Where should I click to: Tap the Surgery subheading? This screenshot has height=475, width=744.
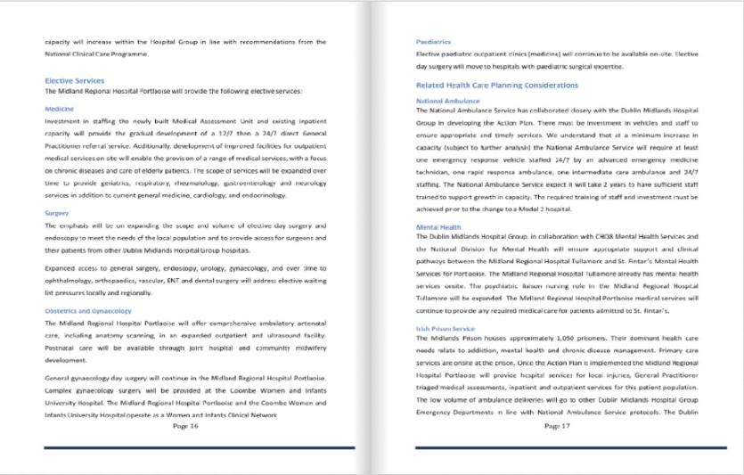[x=57, y=213]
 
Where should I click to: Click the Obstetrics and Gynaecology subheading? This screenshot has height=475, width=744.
[x=87, y=311]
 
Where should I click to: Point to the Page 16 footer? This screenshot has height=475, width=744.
[x=185, y=426]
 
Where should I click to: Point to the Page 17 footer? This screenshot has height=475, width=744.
[x=557, y=426]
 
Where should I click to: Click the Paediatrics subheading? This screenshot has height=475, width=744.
[x=433, y=42]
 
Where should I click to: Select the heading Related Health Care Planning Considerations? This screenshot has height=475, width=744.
[x=497, y=86]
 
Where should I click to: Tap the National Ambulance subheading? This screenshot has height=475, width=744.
[x=447, y=101]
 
